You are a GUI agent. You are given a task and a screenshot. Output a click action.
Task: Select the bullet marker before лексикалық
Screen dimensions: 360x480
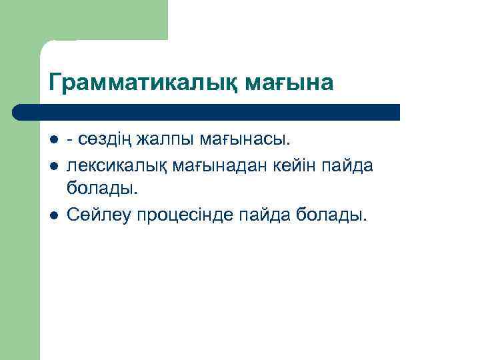click(x=53, y=165)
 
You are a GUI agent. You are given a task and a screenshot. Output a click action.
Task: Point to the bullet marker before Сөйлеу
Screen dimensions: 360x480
click(x=53, y=215)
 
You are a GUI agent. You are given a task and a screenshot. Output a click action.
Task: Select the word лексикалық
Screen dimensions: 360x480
click(x=117, y=165)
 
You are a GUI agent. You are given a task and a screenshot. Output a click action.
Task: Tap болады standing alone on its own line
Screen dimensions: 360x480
click(x=102, y=189)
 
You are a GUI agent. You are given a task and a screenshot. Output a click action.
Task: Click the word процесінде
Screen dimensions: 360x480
click(x=183, y=215)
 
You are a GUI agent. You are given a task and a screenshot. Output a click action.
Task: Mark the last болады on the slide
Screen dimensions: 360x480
click(x=332, y=215)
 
